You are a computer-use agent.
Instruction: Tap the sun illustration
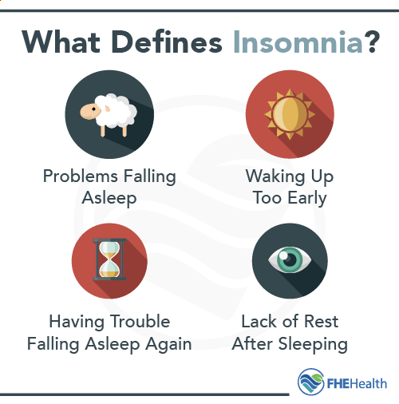(x=289, y=116)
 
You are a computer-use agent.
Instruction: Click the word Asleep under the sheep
(x=109, y=196)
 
